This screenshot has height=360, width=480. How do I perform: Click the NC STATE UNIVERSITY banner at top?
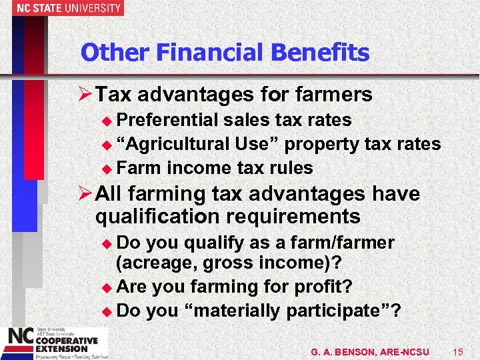coord(61,8)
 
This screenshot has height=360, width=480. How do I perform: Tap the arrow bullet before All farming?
coord(85,195)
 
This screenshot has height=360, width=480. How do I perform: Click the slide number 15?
coord(457,351)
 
